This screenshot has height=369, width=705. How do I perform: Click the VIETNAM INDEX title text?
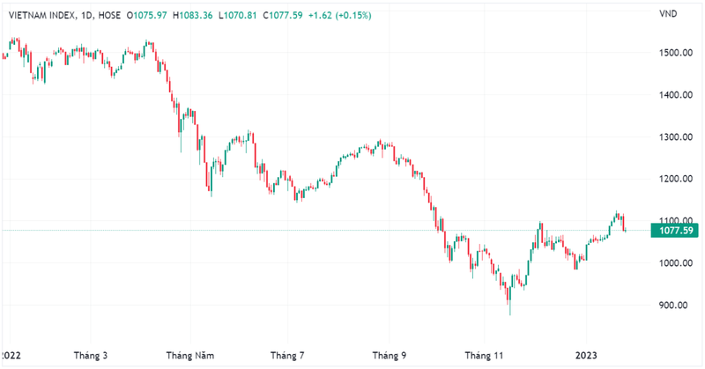(41, 14)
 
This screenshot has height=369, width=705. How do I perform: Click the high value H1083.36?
(195, 14)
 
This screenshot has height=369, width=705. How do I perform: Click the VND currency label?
(669, 14)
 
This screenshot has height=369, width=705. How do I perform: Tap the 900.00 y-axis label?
(674, 306)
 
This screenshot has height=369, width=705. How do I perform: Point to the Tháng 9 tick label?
(390, 356)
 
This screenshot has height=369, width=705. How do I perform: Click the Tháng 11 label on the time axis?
(486, 356)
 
